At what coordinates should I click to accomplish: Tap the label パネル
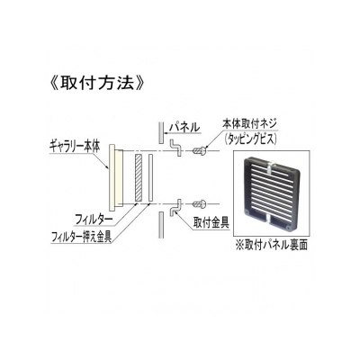coord(184,127)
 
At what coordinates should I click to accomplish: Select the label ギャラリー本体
coord(75,148)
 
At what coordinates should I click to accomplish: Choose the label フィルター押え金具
coord(82,237)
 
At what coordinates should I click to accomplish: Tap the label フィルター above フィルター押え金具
coord(94,220)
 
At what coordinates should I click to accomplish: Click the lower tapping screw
coord(199,203)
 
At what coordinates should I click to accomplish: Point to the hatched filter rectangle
coord(139,177)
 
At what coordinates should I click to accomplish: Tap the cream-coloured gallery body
coord(115,177)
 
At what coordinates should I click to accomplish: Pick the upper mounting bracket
coord(176,147)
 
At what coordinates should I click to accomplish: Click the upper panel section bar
coord(161,132)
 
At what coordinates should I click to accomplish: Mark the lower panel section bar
coord(161,225)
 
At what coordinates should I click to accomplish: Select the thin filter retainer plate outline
coord(150,177)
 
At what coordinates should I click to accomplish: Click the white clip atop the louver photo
coord(270,166)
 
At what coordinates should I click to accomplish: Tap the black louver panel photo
coord(272,193)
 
